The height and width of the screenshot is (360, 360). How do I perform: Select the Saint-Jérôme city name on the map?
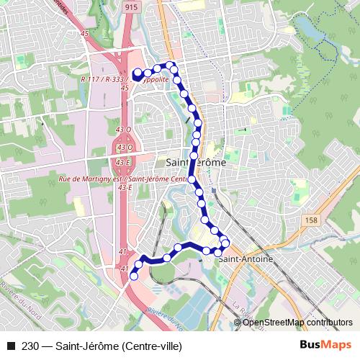coord(195,163)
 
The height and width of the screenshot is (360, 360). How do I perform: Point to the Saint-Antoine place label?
coord(246,258)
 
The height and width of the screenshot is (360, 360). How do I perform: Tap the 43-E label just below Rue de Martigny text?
coord(124,187)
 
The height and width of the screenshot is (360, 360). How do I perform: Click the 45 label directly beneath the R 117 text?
coord(125,87)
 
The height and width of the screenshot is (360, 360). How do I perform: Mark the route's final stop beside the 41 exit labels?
coord(133,276)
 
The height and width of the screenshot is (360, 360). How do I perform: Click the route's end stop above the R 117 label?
coord(137,72)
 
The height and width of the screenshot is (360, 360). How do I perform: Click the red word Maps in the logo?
coord(338,346)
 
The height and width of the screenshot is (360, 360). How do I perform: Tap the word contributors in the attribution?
coord(330,322)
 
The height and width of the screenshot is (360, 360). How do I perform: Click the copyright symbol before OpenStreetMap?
coord(239,322)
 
